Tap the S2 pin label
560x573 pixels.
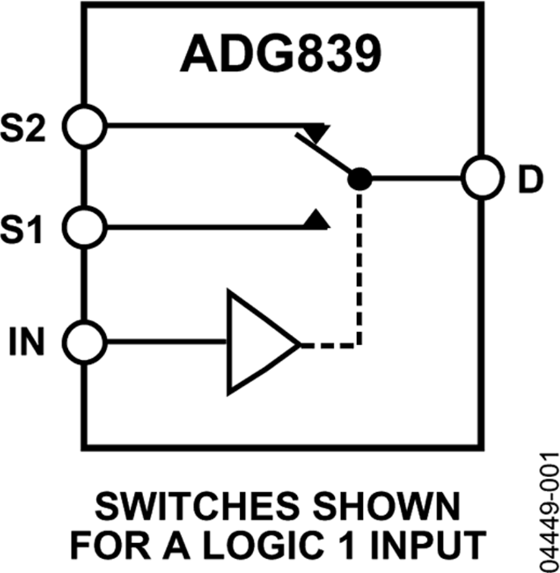pos(33,126)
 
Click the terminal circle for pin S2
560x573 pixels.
pos(86,126)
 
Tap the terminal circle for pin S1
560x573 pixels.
pos(86,228)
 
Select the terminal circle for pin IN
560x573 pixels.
pos(86,342)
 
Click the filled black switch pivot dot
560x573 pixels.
pos(359,179)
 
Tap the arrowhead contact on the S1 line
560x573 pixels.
pos(317,218)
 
